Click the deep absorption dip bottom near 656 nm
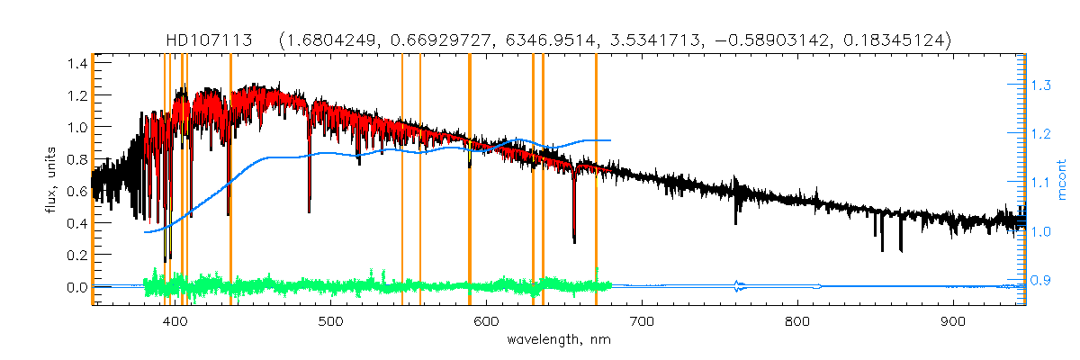click(x=574, y=241)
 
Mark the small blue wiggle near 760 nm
click(x=738, y=287)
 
